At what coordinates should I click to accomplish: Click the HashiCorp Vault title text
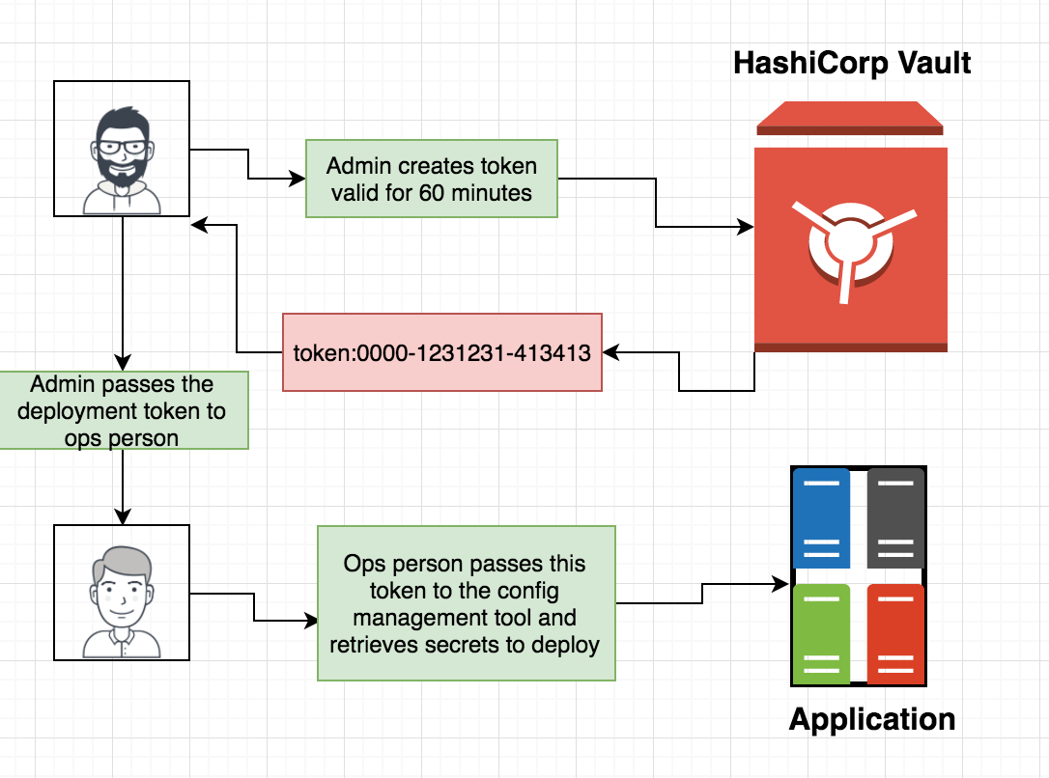pos(851,64)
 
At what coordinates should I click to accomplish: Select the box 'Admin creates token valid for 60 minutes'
pos(431,179)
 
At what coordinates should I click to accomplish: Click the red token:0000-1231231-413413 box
pos(441,352)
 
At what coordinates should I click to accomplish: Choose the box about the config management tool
pos(466,603)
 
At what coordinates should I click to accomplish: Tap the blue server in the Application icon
pos(821,518)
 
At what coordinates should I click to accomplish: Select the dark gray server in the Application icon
pos(895,518)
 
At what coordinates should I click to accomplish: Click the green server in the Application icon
pos(821,633)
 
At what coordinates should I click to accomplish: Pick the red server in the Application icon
pos(895,633)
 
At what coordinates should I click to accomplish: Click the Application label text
pos(872,719)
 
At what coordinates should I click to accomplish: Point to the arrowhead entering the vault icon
pos(747,228)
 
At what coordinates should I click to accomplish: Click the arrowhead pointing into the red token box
pos(610,352)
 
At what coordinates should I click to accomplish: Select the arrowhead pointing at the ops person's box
pos(122,517)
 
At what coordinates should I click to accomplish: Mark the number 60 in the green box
pos(431,192)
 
